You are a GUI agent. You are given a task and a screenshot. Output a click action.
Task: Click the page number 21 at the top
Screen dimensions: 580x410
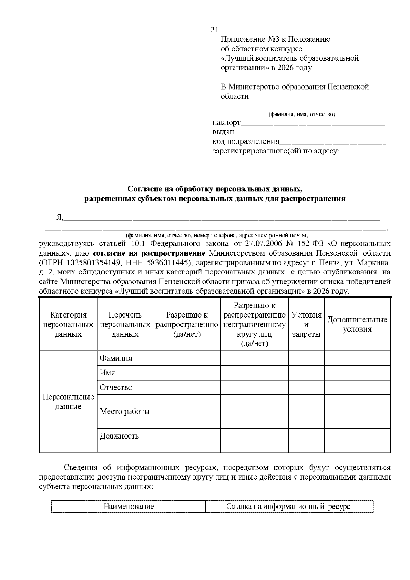pos(215,30)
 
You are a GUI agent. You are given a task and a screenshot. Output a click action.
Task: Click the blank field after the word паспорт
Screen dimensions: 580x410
pos(313,123)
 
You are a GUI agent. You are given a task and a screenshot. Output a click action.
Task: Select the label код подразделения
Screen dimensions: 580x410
pos(246,141)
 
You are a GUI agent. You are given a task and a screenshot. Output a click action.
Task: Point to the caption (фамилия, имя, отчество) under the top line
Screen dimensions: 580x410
pos(301,114)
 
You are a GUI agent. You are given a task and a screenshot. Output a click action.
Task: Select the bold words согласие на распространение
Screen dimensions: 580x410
pos(149,253)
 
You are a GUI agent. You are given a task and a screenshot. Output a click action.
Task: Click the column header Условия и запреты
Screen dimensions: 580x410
pos(306,324)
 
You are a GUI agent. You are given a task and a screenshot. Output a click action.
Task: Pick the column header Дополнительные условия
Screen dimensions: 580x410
pos(357,324)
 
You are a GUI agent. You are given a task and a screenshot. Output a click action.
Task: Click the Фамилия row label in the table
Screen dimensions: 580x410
pos(116,358)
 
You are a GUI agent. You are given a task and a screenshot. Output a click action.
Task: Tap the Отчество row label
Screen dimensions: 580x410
pos(116,387)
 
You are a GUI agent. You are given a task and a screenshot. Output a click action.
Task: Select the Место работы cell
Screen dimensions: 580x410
pos(125,412)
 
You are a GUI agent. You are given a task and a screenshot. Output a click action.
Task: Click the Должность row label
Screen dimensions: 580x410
pos(119,436)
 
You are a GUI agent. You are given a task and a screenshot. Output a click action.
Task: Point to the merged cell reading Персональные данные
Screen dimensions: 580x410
pos(68,402)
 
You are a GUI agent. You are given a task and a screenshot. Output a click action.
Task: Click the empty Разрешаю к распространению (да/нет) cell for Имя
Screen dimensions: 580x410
pos(187,373)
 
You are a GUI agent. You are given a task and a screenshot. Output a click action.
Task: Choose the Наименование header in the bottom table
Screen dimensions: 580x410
pos(128,507)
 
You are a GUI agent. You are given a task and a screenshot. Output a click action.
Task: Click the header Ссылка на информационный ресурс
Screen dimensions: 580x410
pos(288,507)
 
